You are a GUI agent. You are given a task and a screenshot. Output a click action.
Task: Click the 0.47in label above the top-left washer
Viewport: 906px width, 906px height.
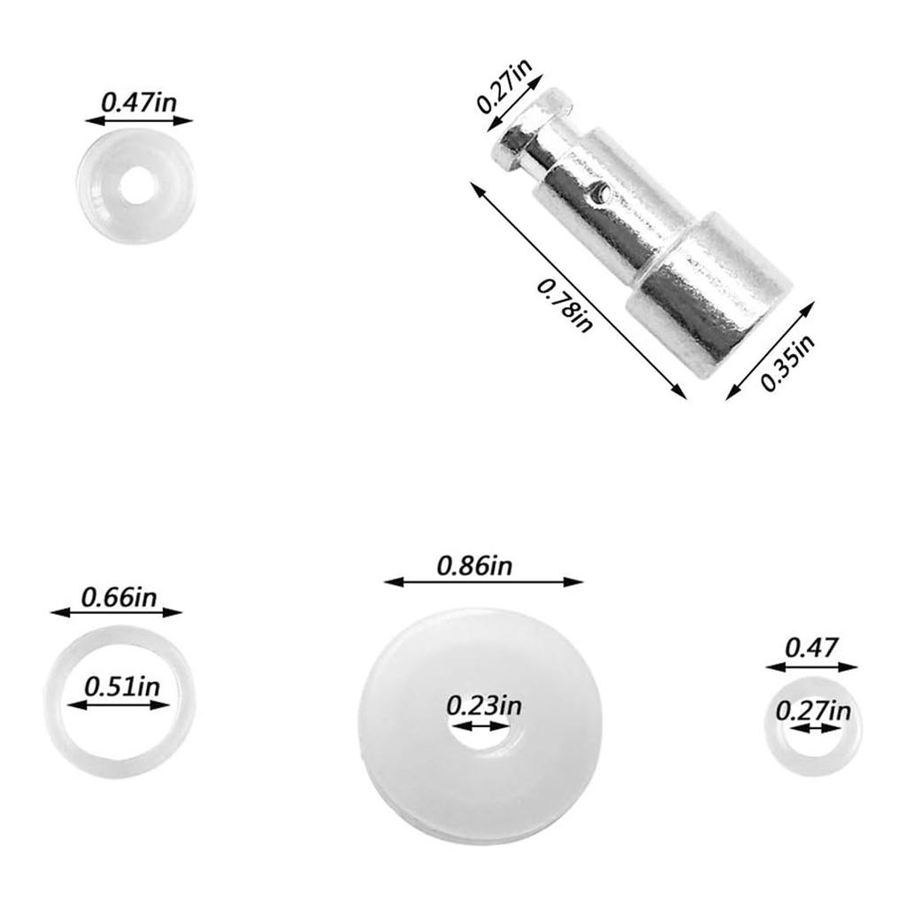(x=138, y=100)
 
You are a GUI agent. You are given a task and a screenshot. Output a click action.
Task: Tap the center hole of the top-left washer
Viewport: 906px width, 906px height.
(x=136, y=187)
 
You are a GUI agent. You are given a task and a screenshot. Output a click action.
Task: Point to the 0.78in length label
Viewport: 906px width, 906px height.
(x=564, y=305)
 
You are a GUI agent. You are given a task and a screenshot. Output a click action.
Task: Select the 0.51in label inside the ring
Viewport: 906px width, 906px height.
(x=121, y=687)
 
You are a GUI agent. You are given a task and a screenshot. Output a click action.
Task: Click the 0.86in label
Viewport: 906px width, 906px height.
(x=474, y=565)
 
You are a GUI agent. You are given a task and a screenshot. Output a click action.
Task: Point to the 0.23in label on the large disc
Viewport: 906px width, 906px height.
(x=483, y=706)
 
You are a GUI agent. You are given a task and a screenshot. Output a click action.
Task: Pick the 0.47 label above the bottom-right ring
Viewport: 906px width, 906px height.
(x=811, y=648)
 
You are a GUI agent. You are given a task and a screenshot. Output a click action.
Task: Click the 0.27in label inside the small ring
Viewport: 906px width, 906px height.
(x=813, y=710)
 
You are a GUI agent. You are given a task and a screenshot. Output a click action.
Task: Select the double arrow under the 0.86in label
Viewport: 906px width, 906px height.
(x=484, y=581)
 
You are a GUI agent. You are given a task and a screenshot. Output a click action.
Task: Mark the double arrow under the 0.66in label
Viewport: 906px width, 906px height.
(x=116, y=611)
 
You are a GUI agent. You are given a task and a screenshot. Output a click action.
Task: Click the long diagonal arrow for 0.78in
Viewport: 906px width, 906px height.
(x=579, y=291)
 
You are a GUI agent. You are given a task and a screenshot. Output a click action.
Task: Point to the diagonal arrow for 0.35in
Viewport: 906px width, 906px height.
(x=770, y=350)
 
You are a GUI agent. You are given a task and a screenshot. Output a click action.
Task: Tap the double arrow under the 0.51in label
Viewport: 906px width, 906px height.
(x=118, y=705)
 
